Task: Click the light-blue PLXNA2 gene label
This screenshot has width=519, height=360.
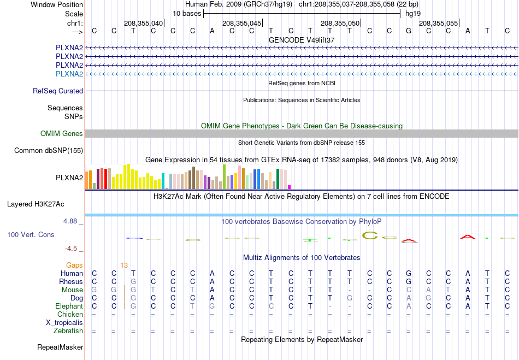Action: coord(69,74)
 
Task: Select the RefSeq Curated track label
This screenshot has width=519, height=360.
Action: coord(58,91)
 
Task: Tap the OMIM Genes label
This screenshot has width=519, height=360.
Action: coord(62,133)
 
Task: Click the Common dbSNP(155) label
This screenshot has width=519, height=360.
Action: coord(49,151)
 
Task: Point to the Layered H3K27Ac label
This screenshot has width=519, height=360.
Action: coord(36,204)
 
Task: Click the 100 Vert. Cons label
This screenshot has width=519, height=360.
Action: coord(31,234)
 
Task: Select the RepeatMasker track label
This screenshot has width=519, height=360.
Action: coord(60,347)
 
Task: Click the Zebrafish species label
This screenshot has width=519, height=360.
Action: coord(68,331)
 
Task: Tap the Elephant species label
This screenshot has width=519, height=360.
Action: coord(69,306)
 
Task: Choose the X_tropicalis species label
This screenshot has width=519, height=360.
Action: coord(64,323)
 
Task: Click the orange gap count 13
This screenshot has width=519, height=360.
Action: coord(124,265)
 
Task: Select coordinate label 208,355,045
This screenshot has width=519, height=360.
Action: coord(242,23)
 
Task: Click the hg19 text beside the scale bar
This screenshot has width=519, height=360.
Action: coord(413,14)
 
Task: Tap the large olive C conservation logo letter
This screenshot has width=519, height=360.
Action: coord(370,235)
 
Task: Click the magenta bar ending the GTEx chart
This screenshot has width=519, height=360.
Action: coord(289,187)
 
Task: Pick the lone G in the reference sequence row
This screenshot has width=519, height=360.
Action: coord(409,31)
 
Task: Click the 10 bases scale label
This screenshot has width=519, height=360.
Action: coord(187,14)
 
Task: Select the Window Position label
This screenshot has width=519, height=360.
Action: coord(57,4)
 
